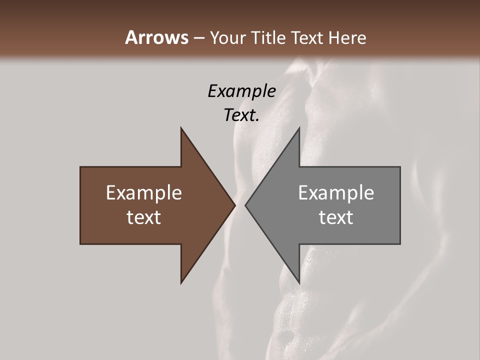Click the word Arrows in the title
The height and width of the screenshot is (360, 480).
[157, 37]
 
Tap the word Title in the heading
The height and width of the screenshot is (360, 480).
[269, 38]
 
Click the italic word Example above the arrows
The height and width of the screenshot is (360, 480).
[241, 91]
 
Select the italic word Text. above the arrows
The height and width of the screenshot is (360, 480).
[240, 115]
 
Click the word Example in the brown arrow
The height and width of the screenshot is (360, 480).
[144, 192]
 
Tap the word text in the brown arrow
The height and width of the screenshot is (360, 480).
[144, 217]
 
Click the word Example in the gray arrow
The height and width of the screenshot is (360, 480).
[336, 192]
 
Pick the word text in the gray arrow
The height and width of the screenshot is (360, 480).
[336, 217]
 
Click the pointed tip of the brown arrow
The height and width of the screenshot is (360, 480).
[234, 205]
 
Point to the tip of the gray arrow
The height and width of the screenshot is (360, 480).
[246, 205]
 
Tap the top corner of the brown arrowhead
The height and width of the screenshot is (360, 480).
[181, 128]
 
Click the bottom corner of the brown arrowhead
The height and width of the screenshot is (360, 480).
[181, 282]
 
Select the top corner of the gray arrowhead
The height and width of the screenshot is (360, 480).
[299, 128]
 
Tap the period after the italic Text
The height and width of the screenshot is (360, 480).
[257, 120]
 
